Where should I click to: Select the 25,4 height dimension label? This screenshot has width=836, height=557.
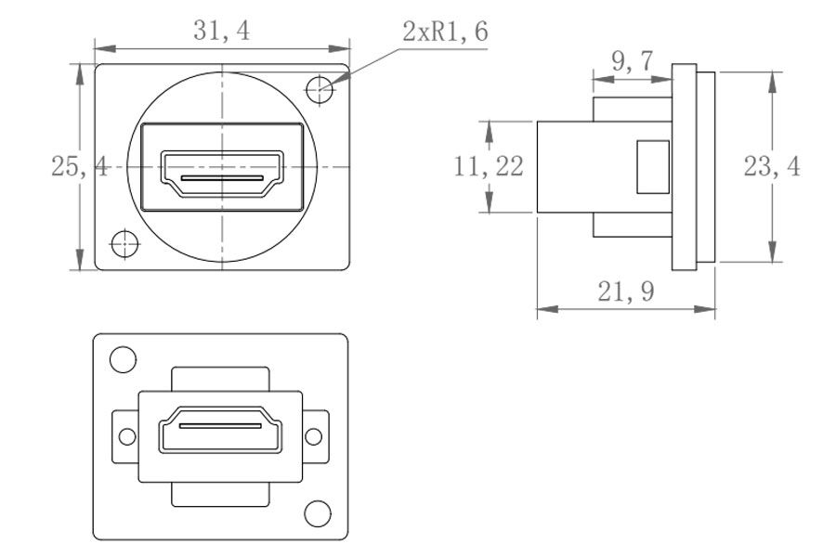79,167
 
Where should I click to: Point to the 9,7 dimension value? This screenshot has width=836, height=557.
632,61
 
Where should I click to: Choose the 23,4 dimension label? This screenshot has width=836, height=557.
772,167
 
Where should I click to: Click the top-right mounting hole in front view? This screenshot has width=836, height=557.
320,89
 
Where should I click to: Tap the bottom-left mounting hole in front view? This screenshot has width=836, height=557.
123,243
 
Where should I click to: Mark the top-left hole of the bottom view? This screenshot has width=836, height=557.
122,358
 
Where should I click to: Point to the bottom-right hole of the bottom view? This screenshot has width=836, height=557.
318,512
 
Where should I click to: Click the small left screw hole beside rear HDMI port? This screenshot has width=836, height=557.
124,434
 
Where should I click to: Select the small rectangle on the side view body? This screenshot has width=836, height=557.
652,167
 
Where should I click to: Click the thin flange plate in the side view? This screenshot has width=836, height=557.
684,167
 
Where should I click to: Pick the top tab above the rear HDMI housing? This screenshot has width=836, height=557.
221,379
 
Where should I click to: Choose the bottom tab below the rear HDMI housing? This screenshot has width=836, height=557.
221,494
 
